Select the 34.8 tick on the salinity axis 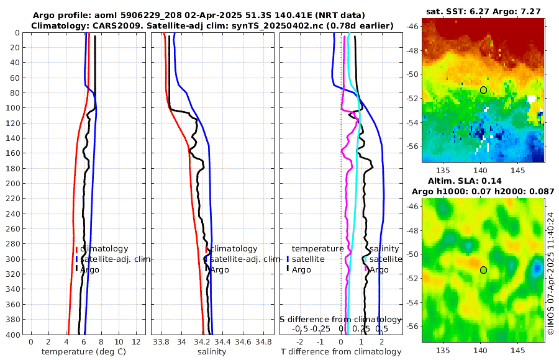click(x=264, y=342)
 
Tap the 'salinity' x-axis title click(x=212, y=352)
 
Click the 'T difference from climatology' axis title click(x=341, y=352)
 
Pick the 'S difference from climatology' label click(x=341, y=318)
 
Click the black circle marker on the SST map click(x=483, y=90)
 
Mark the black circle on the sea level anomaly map click(x=483, y=270)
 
